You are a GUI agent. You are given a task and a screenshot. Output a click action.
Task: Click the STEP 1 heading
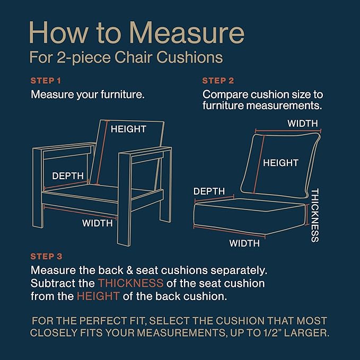[x=46, y=81]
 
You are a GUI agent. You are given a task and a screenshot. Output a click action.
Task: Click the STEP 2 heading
[x=218, y=81]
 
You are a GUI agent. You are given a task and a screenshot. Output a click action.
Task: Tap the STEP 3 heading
[x=46, y=257]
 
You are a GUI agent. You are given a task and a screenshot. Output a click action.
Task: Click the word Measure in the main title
[x=187, y=32]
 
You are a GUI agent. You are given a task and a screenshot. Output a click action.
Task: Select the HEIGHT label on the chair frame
[x=128, y=129]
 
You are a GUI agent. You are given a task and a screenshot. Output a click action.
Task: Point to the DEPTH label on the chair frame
[x=68, y=176]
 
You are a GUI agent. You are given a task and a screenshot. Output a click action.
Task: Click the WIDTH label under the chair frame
[x=98, y=223]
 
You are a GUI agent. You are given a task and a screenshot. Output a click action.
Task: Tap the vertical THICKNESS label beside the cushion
[x=315, y=215]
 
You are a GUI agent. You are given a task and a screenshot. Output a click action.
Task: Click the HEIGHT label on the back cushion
[x=280, y=163]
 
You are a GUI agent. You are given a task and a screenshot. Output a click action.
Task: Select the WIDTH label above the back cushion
[x=303, y=124]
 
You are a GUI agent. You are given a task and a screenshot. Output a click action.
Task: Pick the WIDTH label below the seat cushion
[x=244, y=243]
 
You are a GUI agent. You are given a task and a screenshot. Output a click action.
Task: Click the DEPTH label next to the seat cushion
[x=209, y=191]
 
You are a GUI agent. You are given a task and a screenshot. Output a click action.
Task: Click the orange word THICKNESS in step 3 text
[x=130, y=283]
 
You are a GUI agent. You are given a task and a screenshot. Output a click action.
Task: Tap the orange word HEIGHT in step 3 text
[x=98, y=296]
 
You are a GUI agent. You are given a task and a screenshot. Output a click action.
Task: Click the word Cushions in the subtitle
[x=190, y=57]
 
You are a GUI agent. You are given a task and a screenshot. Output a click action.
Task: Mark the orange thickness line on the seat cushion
[x=307, y=214]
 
